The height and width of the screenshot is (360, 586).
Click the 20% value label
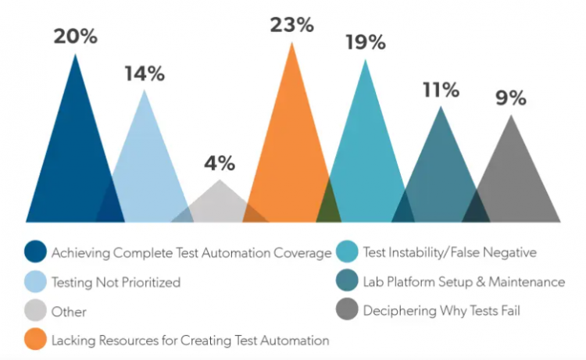pyautogui.click(x=75, y=37)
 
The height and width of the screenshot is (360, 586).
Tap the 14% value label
pyautogui.click(x=145, y=74)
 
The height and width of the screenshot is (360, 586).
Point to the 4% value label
pyautogui.click(x=220, y=163)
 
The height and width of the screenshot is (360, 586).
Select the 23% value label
pyautogui.click(x=292, y=24)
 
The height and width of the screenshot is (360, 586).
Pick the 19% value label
pyautogui.click(x=366, y=42)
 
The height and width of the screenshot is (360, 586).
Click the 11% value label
pyautogui.click(x=441, y=90)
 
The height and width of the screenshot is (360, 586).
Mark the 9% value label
pyautogui.click(x=511, y=99)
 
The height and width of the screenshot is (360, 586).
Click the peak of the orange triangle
pyautogui.click(x=292, y=43)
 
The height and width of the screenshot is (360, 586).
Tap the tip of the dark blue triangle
pyautogui.click(x=75, y=55)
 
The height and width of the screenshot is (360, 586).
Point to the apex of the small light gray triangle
pyautogui.click(x=220, y=181)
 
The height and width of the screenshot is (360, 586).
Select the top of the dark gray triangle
pyautogui.click(x=511, y=116)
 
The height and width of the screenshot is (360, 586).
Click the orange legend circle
pyautogui.click(x=35, y=340)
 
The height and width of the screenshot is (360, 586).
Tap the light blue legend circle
pyautogui.click(x=35, y=282)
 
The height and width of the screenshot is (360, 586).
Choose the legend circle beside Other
pyautogui.click(x=35, y=311)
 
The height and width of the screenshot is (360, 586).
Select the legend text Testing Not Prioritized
pyautogui.click(x=116, y=282)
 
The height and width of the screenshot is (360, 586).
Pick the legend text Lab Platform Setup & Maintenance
pyautogui.click(x=463, y=282)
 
